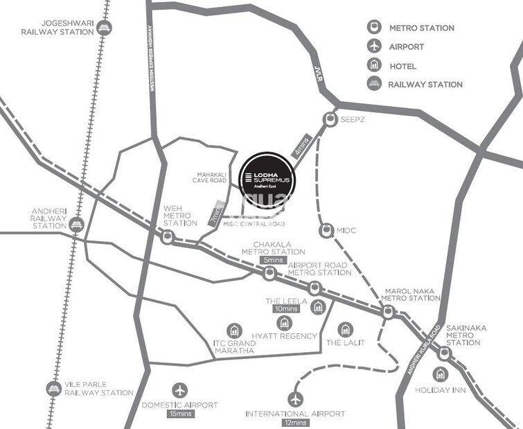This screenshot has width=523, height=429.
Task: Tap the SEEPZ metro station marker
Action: [x=328, y=119]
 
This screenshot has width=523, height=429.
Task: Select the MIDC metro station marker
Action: [x=325, y=230]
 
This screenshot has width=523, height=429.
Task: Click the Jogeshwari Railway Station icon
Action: [x=105, y=28]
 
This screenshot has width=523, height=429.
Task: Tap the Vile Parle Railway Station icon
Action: [x=53, y=388]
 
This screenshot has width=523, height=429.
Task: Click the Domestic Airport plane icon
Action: [x=180, y=389]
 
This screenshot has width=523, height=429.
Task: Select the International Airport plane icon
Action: [x=295, y=399]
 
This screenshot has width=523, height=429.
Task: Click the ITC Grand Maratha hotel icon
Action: [x=233, y=331]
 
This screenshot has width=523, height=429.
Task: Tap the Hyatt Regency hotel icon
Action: [x=283, y=322]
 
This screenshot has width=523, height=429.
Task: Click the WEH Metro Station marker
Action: [x=167, y=237]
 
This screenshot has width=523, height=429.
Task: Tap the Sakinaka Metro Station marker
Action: [x=445, y=353]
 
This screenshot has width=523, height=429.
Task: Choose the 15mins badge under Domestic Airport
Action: [x=180, y=414]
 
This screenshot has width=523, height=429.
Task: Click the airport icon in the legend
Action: [x=374, y=46]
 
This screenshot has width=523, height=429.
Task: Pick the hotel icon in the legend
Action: [x=374, y=66]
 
